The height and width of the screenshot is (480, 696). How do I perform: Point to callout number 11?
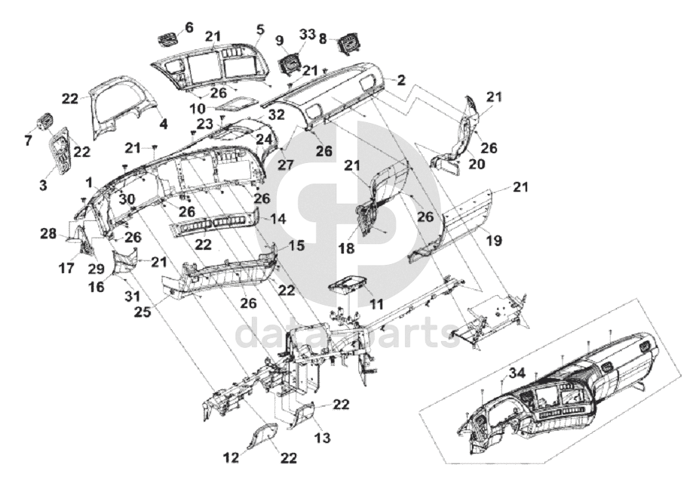376,304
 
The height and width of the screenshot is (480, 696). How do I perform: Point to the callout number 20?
476,165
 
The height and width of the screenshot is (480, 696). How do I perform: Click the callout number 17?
66,269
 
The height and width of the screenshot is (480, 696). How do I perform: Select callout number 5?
260,29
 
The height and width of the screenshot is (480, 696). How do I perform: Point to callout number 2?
401,81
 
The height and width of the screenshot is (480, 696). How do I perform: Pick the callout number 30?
127,199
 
